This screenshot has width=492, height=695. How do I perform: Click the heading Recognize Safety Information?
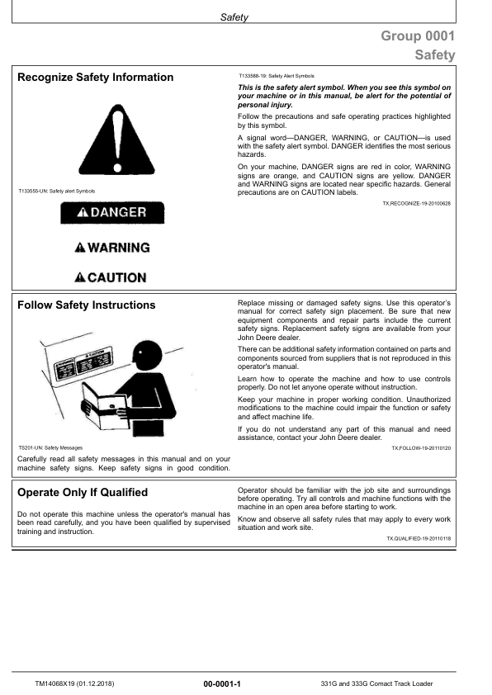click(95, 78)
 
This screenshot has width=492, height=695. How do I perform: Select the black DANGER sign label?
click(111, 213)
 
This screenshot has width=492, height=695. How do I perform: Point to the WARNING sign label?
click(111, 248)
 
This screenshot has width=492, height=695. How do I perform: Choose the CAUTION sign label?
click(111, 277)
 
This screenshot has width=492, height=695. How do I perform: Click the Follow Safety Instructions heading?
click(86, 305)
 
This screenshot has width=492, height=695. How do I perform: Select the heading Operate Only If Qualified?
click(83, 493)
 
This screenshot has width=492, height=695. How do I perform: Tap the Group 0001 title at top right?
click(417, 36)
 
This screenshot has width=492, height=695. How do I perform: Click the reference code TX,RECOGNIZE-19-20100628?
click(416, 202)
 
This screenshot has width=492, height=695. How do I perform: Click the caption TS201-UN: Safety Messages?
click(46, 447)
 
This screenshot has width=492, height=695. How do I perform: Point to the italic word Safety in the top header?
click(234, 17)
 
